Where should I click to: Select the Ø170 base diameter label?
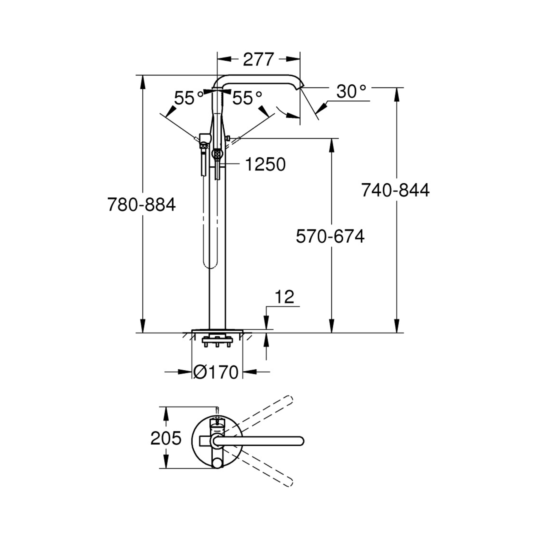[x=216, y=372]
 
